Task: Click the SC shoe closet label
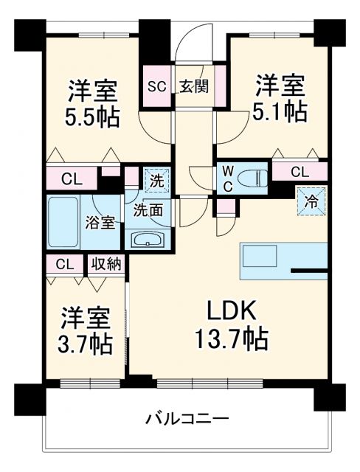pyautogui.click(x=157, y=86)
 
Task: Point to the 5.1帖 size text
pyautogui.click(x=281, y=111)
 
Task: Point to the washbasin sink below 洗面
pyautogui.click(x=150, y=239)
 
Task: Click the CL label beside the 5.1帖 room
pyautogui.click(x=300, y=173)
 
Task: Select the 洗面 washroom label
pyautogui.click(x=148, y=209)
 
